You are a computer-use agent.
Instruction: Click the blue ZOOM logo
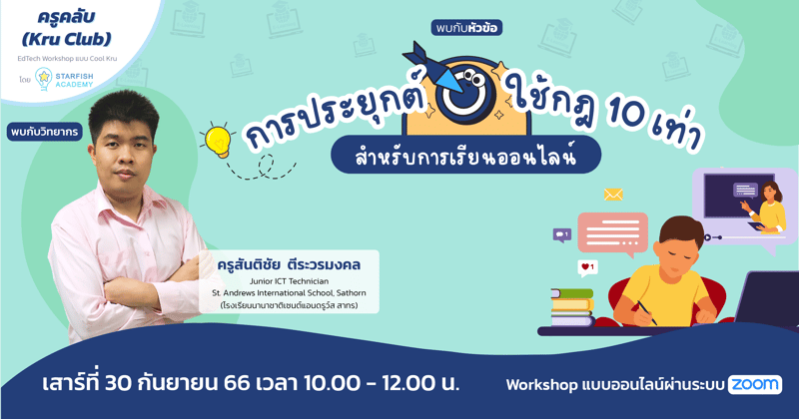tap(755, 384)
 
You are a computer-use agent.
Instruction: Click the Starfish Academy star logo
tap(44, 79)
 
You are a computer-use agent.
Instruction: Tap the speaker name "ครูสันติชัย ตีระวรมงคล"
tap(288, 264)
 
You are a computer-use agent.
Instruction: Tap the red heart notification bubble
tap(587, 267)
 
